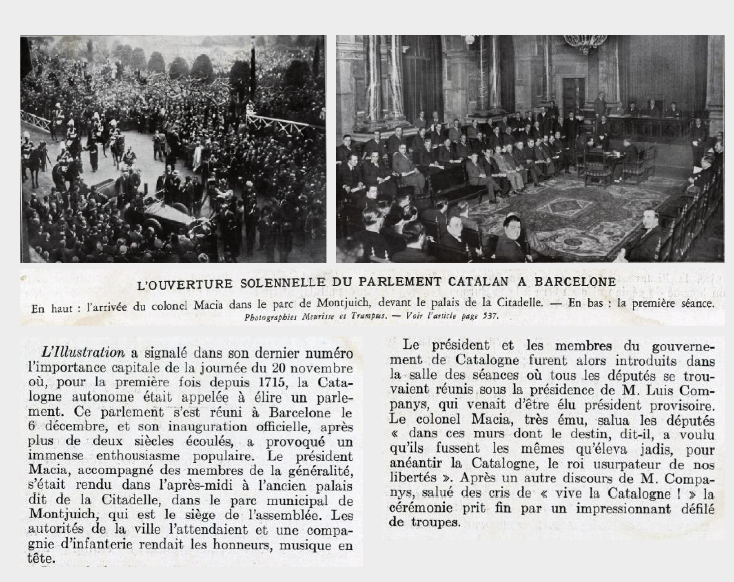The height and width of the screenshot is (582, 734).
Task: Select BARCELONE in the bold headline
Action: [x=575, y=282]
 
